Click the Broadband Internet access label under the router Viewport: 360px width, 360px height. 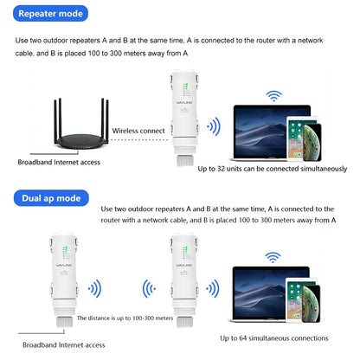[x=59, y=162]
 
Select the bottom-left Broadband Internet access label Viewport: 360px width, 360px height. [x=59, y=344]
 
